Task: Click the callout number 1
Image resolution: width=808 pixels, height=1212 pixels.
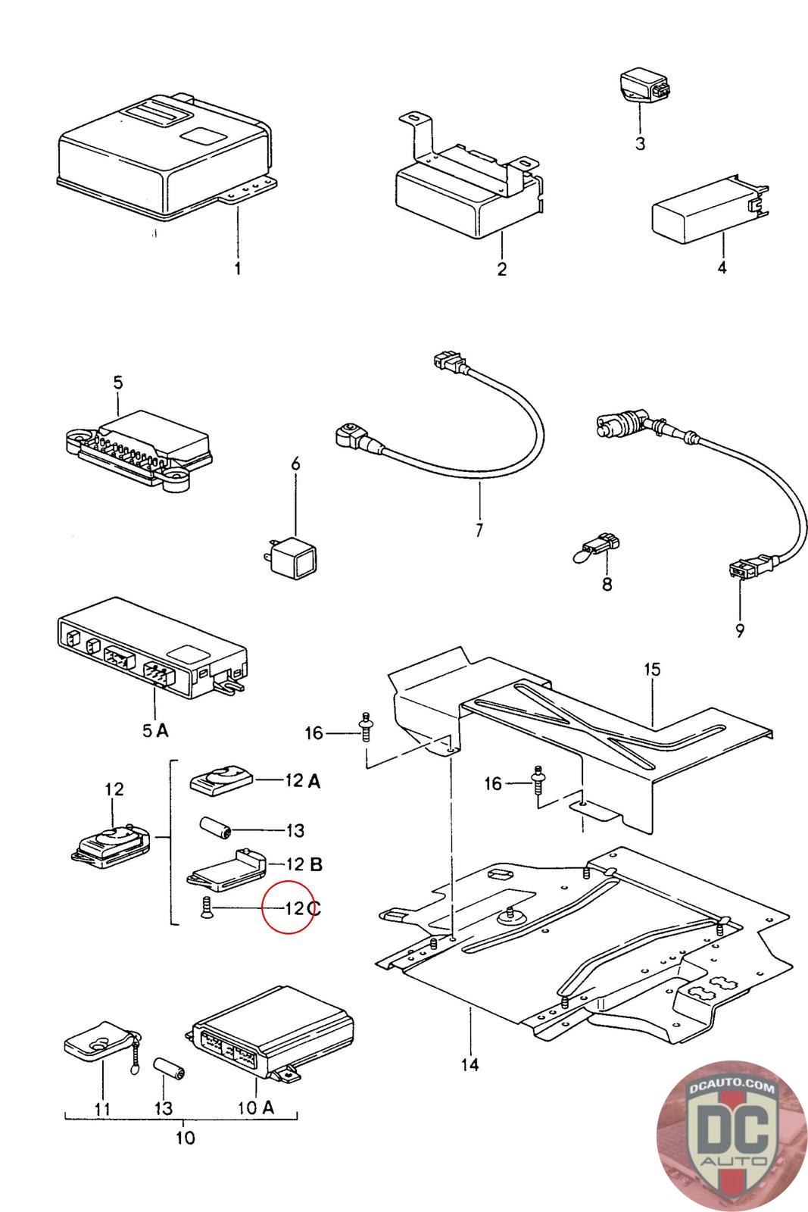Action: [238, 268]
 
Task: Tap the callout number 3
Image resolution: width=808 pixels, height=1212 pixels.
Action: [641, 143]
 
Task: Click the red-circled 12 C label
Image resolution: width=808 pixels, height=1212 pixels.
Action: [302, 908]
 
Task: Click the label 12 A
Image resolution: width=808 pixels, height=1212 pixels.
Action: [302, 780]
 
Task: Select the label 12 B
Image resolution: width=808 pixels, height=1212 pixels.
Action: [304, 864]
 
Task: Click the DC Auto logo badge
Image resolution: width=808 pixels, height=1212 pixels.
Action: [732, 1135]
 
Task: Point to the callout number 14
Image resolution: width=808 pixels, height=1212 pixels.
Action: [470, 1063]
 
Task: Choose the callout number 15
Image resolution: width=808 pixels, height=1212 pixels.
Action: [652, 670]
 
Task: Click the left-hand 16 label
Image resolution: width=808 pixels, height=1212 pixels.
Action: [314, 733]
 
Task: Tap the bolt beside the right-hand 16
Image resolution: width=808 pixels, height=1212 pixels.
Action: [538, 779]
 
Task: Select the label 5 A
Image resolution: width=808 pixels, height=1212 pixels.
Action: [155, 730]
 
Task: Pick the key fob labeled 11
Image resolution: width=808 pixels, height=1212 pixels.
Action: [104, 1041]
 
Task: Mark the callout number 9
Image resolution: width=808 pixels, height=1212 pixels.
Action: [739, 630]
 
